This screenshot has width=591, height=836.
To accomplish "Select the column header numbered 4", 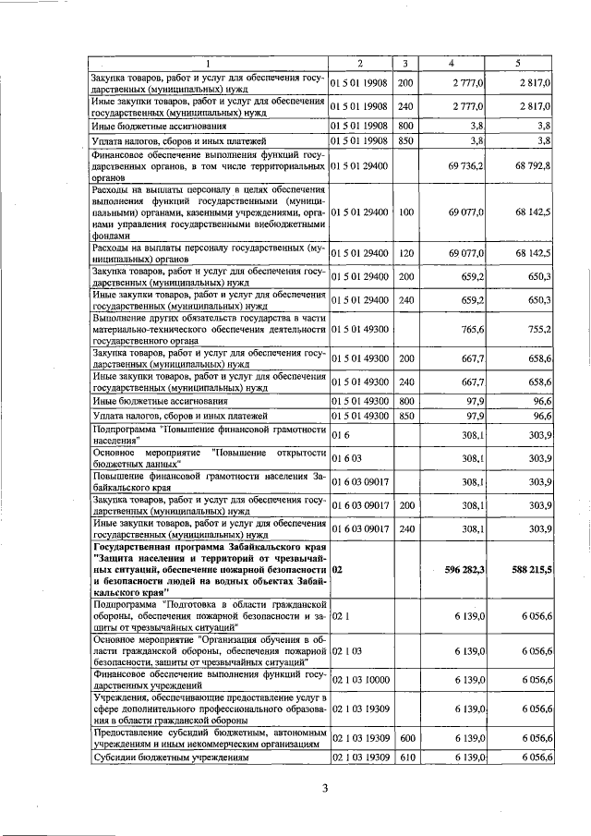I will (x=451, y=63).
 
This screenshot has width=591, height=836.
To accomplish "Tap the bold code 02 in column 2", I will (x=338, y=571).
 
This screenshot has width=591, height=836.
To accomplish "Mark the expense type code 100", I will (x=405, y=212).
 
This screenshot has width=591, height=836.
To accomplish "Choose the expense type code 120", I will (x=405, y=252).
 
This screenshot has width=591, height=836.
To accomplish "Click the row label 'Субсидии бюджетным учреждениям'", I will (x=166, y=757).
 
